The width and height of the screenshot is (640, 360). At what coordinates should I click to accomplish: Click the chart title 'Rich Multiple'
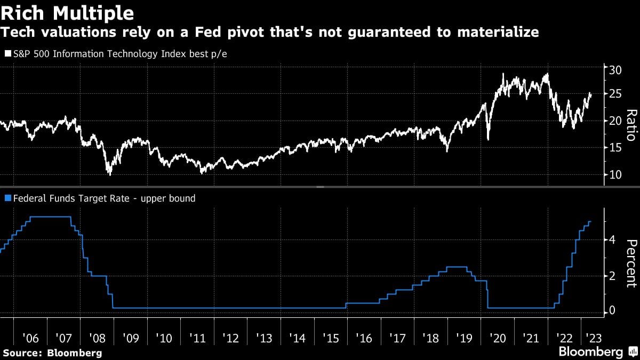[x=67, y=12]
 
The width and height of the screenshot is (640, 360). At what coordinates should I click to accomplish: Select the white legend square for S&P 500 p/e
[x=7, y=54]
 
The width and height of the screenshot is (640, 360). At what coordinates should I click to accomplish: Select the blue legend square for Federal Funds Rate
[x=7, y=198]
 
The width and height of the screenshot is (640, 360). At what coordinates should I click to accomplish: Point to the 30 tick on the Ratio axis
[x=614, y=69]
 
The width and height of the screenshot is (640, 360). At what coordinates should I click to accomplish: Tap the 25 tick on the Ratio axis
[x=614, y=94]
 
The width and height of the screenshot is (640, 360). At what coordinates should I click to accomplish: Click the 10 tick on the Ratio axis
[x=614, y=175]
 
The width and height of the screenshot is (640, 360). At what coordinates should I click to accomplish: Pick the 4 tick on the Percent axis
[x=612, y=240]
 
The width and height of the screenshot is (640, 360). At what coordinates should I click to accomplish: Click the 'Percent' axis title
[x=631, y=263]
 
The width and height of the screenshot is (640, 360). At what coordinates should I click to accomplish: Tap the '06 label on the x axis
[x=31, y=338]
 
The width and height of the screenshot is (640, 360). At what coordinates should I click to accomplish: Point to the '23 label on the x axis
[x=591, y=338]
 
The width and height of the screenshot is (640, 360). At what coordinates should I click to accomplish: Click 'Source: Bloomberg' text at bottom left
[x=52, y=353]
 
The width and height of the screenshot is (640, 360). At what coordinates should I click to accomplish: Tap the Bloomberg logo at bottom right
[x=597, y=352]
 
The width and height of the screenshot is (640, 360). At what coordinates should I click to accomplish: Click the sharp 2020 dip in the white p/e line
[x=488, y=139]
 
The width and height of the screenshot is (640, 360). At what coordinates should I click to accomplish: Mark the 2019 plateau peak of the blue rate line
[x=457, y=267]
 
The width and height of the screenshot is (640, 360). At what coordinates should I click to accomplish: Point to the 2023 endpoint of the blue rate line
[x=590, y=221]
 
